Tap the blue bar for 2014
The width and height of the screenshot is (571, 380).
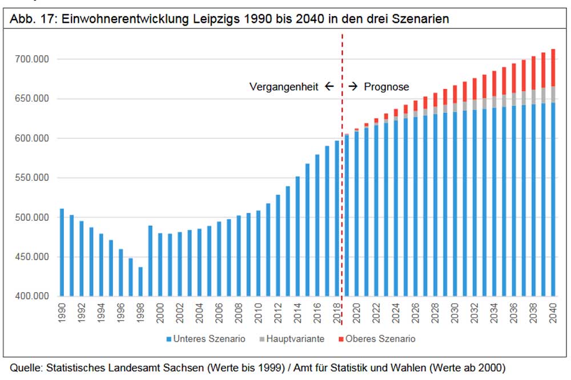(297, 237)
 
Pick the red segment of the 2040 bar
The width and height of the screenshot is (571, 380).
(553, 67)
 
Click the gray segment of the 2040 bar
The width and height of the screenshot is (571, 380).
(553, 94)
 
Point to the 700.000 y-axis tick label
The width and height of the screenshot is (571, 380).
(33, 59)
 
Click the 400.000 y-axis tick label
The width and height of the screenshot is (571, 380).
(33, 297)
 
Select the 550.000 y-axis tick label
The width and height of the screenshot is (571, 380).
(33, 178)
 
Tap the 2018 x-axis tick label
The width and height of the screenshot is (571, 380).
(337, 313)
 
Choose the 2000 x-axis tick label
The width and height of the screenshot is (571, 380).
(160, 313)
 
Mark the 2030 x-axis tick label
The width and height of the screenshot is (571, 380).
(455, 313)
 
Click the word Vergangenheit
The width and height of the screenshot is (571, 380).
(284, 87)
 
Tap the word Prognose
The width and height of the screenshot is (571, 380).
(387, 87)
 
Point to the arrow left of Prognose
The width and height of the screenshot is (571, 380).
(353, 87)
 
